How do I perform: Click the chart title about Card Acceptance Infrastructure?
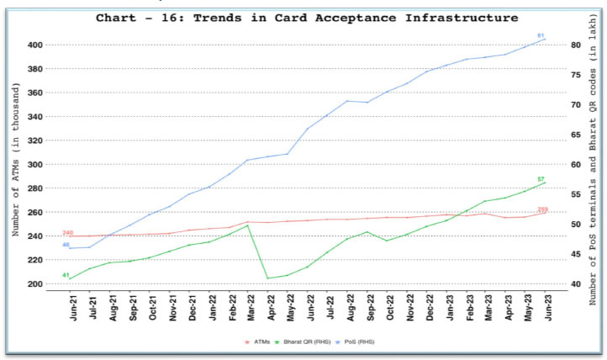click(x=307, y=17)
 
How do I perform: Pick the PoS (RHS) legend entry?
click(x=361, y=342)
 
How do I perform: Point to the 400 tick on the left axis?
click(x=37, y=45)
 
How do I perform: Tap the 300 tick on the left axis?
click(x=37, y=164)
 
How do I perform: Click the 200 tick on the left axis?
click(x=37, y=284)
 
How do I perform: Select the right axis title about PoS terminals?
click(x=595, y=164)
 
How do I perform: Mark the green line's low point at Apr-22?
click(x=267, y=278)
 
